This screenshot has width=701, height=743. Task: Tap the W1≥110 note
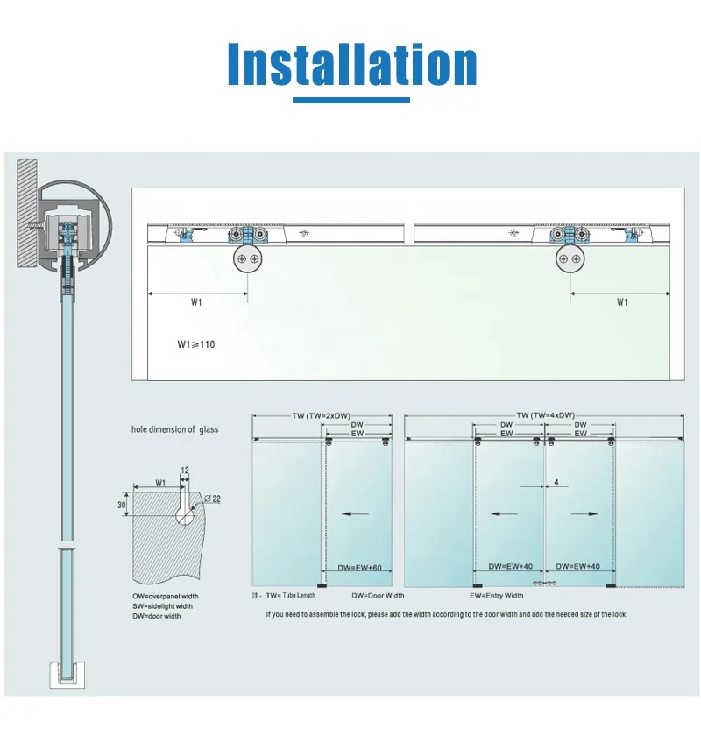click(195, 344)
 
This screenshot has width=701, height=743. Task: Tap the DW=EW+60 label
click(359, 568)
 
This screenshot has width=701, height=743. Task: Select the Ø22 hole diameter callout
click(210, 499)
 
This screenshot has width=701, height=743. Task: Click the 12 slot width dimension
click(184, 471)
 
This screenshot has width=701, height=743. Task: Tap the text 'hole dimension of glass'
click(174, 429)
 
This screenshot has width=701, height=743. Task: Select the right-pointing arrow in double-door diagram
click(584, 514)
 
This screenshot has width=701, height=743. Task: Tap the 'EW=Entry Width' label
click(496, 596)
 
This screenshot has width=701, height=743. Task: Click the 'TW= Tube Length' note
click(289, 596)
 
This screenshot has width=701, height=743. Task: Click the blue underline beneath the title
click(350, 101)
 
